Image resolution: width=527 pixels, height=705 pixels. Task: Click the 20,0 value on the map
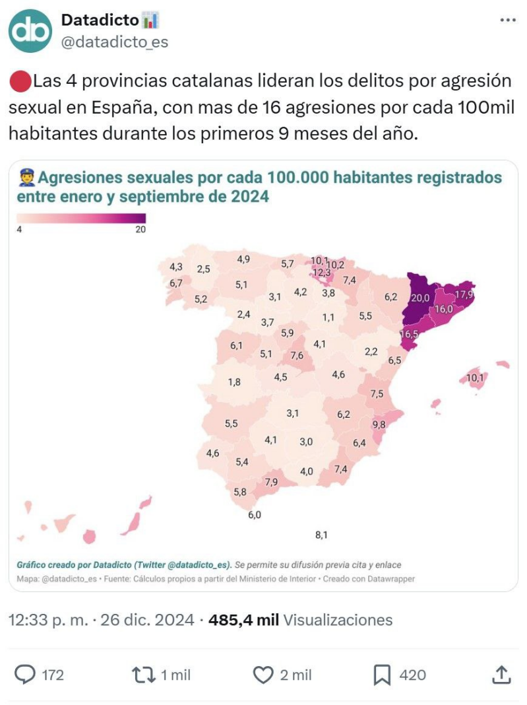[419, 298]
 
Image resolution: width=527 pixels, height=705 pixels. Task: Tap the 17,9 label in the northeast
[466, 294]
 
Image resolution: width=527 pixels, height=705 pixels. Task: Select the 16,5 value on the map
[410, 334]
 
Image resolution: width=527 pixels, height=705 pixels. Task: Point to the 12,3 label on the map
[321, 272]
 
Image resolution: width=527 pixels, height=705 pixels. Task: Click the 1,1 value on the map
[328, 318]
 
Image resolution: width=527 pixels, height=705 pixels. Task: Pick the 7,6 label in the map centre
[297, 355]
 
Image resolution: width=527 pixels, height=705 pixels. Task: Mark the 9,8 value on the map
[379, 424]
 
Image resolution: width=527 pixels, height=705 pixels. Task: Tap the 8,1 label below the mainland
[321, 535]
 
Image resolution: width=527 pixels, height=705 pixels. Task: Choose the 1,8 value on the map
[234, 382]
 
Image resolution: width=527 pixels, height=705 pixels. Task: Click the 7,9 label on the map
[271, 482]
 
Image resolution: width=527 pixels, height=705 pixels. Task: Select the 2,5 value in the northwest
[204, 269]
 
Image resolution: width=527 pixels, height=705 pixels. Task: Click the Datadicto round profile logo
[30, 31]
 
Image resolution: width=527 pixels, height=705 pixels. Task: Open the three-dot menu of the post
[507, 20]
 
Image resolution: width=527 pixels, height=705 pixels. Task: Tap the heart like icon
[263, 674]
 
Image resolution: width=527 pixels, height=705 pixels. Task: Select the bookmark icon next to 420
[382, 674]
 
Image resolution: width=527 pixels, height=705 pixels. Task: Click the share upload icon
[501, 674]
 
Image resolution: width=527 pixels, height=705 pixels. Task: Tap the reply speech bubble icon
[25, 674]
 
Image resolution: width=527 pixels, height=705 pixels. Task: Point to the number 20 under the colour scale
[140, 230]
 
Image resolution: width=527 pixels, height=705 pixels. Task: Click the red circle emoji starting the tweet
[20, 83]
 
